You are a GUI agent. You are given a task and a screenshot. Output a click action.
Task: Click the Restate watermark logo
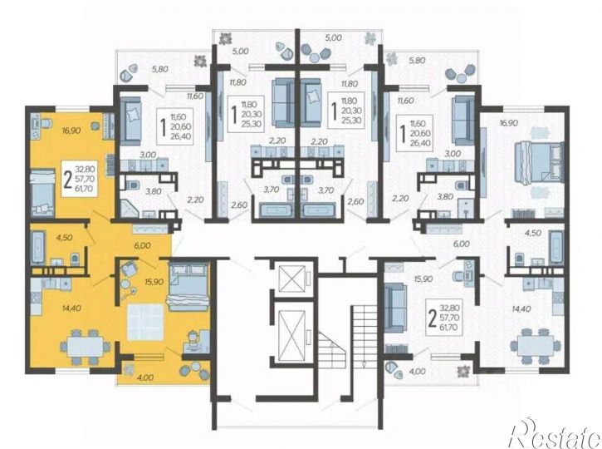556,432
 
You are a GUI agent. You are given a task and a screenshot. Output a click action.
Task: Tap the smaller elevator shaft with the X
291,279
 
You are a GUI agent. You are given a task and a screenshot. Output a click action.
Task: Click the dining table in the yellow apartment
85,348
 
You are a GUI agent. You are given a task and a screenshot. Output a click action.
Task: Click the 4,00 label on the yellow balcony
144,377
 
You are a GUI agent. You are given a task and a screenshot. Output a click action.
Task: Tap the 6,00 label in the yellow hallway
142,245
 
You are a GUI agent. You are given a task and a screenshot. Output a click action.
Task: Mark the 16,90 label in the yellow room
71,131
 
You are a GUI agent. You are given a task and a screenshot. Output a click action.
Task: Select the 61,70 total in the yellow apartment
86,189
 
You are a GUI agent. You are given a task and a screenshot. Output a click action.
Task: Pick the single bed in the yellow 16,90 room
42,193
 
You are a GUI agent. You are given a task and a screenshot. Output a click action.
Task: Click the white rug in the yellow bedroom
145,322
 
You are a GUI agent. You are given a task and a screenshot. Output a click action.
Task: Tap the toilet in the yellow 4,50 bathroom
75,259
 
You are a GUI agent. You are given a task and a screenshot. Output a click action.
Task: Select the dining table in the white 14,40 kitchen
536,346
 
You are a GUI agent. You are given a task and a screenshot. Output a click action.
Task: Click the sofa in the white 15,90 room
395,308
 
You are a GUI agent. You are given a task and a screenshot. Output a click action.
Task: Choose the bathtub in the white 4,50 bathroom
556,247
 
